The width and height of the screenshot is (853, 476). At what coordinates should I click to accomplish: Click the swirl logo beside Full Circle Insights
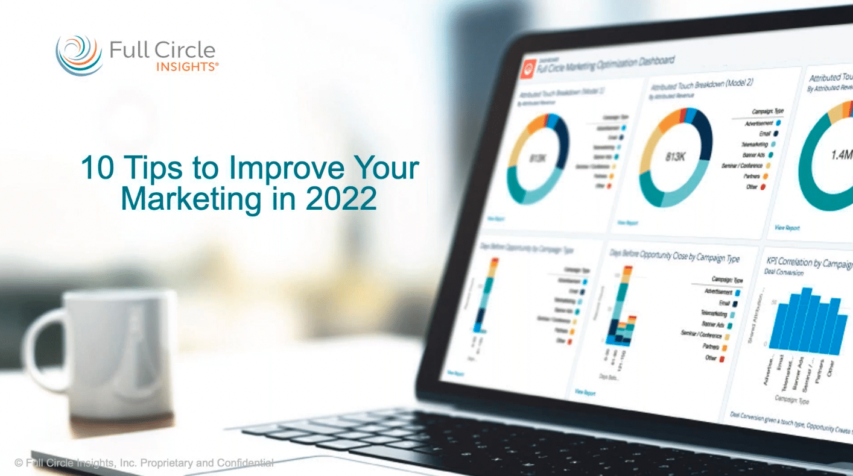79,55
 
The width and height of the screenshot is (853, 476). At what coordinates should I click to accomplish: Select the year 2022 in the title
341,199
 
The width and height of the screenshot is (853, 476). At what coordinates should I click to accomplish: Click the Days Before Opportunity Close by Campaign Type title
674,255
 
